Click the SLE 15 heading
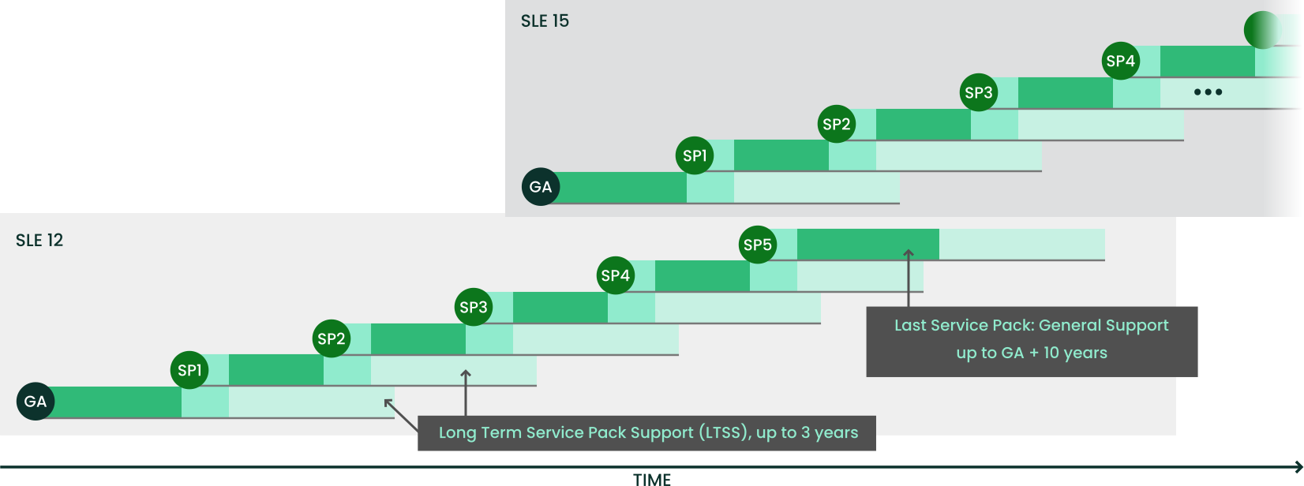pos(545,21)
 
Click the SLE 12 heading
pos(39,241)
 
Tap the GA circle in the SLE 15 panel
pos(541,187)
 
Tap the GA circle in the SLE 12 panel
pos(36,402)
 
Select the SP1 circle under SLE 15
pos(695,155)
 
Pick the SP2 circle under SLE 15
pos(837,124)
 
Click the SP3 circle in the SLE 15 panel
pos(979,92)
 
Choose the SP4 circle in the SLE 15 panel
pos(1121,61)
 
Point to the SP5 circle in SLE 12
pos(758,245)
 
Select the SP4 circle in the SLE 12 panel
pos(616,275)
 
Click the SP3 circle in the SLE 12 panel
pos(474,307)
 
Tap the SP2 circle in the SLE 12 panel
pos(332,338)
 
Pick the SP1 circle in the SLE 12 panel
pos(189,370)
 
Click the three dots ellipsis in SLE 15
pos(1208,92)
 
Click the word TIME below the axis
pos(652,479)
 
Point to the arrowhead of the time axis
pos(1298,466)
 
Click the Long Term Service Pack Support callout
pos(647,433)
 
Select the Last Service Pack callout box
pos(1032,341)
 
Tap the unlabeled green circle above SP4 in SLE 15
pos(1262,31)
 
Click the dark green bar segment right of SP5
pos(868,244)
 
